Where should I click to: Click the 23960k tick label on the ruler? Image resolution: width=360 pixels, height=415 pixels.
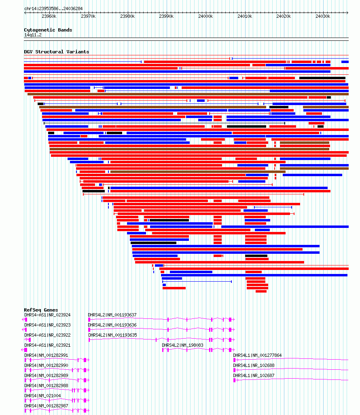pyautogui.click(x=49, y=17)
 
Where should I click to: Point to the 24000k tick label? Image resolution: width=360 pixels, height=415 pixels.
pyautogui.click(x=205, y=17)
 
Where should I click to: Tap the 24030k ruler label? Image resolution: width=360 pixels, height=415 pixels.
pyautogui.click(x=323, y=17)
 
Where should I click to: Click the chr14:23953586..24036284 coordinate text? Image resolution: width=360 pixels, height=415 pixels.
pyautogui.click(x=53, y=9)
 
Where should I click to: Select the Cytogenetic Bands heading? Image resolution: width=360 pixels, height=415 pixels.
pyautogui.click(x=48, y=30)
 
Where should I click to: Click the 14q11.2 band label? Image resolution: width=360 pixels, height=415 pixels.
pyautogui.click(x=33, y=35)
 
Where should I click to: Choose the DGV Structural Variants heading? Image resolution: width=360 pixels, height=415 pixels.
pyautogui.click(x=56, y=52)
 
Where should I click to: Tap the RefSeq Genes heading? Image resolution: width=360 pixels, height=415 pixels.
pyautogui.click(x=41, y=310)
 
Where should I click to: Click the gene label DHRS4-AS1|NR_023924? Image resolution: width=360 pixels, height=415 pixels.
pyautogui.click(x=47, y=315)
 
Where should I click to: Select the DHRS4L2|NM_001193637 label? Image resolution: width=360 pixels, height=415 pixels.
pyautogui.click(x=112, y=315)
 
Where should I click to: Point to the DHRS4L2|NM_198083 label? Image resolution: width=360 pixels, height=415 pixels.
pyautogui.click(x=182, y=345)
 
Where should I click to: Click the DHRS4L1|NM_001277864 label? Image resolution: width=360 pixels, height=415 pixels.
pyautogui.click(x=257, y=355)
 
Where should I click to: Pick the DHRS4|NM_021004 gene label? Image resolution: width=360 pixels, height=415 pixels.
pyautogui.click(x=42, y=396)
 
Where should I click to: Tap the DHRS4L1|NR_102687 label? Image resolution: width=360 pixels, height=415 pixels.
pyautogui.click(x=254, y=375)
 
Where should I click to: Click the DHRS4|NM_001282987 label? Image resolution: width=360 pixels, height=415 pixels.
pyautogui.click(x=47, y=406)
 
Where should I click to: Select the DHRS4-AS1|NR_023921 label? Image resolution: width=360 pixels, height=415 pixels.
pyautogui.click(x=47, y=345)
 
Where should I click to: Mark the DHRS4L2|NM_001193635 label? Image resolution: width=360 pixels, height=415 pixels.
pyautogui.click(x=112, y=335)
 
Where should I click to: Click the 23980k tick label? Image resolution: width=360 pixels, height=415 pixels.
pyautogui.click(x=127, y=17)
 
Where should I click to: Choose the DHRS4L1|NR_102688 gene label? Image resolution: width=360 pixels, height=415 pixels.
pyautogui.click(x=254, y=366)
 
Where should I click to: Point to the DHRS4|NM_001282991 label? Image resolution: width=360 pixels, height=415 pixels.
pyautogui.click(x=47, y=355)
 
